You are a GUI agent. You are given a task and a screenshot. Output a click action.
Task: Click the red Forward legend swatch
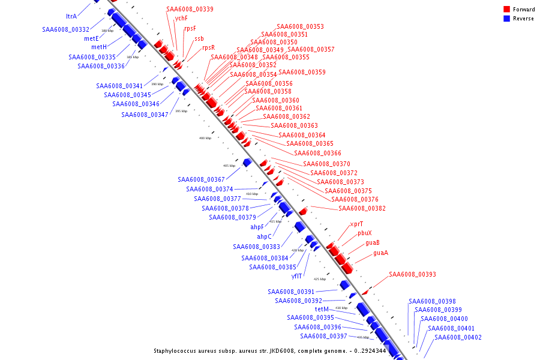[x=506, y=10]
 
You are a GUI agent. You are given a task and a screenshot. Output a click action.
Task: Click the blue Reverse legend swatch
[x=506, y=19]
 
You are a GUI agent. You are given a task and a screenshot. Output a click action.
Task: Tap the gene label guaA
[x=380, y=253]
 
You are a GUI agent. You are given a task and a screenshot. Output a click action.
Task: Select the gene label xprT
[x=356, y=224]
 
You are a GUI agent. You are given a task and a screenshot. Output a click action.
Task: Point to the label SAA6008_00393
[x=412, y=275]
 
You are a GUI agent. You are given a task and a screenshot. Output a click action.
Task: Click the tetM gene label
[x=321, y=309]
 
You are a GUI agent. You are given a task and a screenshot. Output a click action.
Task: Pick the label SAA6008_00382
[x=362, y=209]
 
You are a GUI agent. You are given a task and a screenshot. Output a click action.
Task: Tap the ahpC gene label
[x=264, y=236]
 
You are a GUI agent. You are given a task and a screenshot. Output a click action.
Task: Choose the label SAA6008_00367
[x=201, y=180]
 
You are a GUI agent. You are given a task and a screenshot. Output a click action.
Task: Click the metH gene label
[x=99, y=47]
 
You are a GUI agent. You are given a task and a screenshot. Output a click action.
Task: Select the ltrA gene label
[x=71, y=17]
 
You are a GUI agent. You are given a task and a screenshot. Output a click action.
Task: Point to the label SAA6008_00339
[x=190, y=10]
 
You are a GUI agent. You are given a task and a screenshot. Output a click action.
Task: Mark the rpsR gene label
[x=208, y=48]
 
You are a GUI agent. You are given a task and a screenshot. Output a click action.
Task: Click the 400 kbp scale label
[x=205, y=138]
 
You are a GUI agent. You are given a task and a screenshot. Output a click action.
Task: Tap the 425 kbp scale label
[x=320, y=279]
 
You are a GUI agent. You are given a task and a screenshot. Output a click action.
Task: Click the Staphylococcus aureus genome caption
[x=269, y=351]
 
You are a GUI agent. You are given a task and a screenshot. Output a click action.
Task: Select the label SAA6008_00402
[x=458, y=337]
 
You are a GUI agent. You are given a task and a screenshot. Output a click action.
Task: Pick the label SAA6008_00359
[x=302, y=72]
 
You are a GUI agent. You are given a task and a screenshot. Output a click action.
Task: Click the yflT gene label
[x=296, y=277]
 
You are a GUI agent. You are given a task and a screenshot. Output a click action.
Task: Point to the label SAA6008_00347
[x=145, y=115]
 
